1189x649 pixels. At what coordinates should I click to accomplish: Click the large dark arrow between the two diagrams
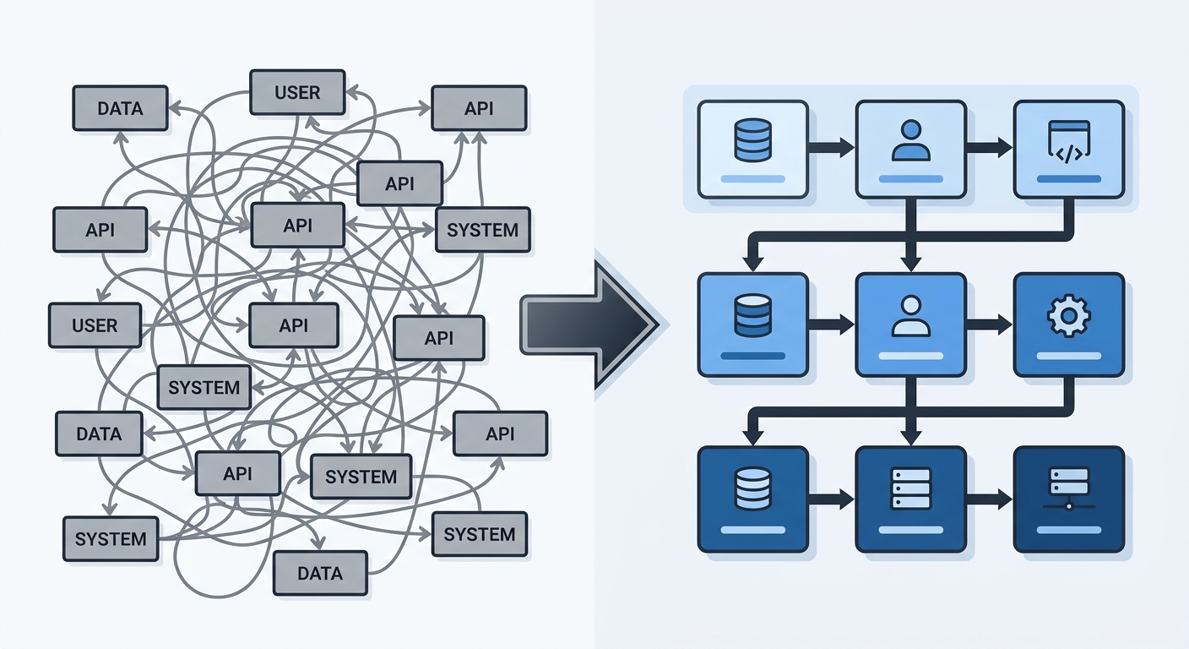coord(589,324)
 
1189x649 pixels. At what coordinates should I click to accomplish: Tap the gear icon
coord(1068,317)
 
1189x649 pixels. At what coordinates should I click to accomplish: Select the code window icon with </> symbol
coord(1069,142)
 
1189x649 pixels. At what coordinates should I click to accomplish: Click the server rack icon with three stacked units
coord(910,488)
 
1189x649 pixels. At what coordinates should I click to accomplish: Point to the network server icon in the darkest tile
coord(1068,488)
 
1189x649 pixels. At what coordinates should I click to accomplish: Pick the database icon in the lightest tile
coord(752,140)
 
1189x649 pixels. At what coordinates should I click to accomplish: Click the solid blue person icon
coord(911,140)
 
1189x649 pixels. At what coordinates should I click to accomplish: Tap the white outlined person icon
coord(911,317)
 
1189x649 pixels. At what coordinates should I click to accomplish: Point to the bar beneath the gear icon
coord(1068,356)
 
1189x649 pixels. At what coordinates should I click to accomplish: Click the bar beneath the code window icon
coord(1068,179)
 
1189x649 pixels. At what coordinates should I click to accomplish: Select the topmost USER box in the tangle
coord(297,92)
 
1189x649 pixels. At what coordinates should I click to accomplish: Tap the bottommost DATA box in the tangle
coord(320,573)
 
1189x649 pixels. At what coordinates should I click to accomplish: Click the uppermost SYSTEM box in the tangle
coord(482,230)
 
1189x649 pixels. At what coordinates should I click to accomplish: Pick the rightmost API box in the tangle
coord(500,434)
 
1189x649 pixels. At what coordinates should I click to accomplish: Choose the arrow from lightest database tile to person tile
coord(831,148)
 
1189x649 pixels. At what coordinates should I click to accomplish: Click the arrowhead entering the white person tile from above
coord(911,263)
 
